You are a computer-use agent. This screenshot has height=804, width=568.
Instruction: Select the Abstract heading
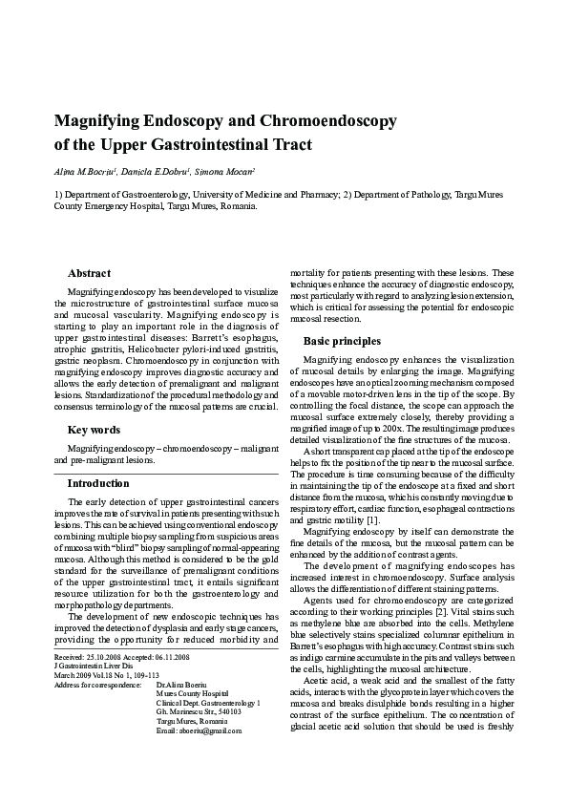tap(89, 273)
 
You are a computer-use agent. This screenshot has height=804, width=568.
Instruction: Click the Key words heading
tap(93, 431)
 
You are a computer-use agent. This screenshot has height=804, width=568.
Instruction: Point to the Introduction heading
tap(98, 483)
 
